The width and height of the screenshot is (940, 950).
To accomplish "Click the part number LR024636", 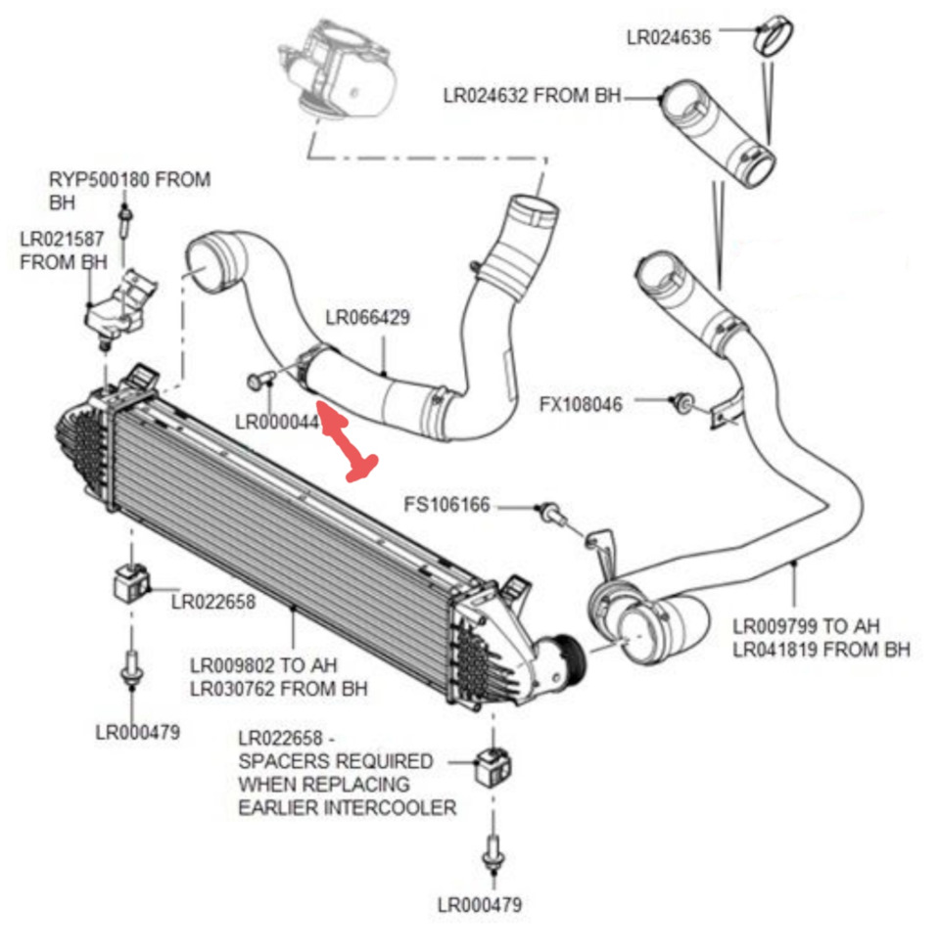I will [669, 37].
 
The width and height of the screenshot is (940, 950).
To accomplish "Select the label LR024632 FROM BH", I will [532, 96].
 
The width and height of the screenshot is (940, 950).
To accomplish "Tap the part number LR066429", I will [367, 317].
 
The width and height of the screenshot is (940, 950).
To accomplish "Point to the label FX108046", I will [581, 403].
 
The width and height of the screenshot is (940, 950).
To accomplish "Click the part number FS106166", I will [446, 505].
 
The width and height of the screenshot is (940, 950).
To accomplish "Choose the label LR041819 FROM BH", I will [822, 649].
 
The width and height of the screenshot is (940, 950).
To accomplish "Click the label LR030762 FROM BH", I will [279, 688].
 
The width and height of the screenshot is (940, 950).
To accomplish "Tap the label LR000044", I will [277, 421].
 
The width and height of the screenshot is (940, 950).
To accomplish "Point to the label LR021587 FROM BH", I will [64, 249].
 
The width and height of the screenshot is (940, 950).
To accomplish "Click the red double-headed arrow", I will [349, 443].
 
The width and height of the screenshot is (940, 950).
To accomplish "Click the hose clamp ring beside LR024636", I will [774, 38].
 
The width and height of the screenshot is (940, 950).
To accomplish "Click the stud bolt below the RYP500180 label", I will [124, 220].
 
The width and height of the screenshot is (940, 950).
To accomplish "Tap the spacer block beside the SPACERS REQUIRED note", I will [493, 766].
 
